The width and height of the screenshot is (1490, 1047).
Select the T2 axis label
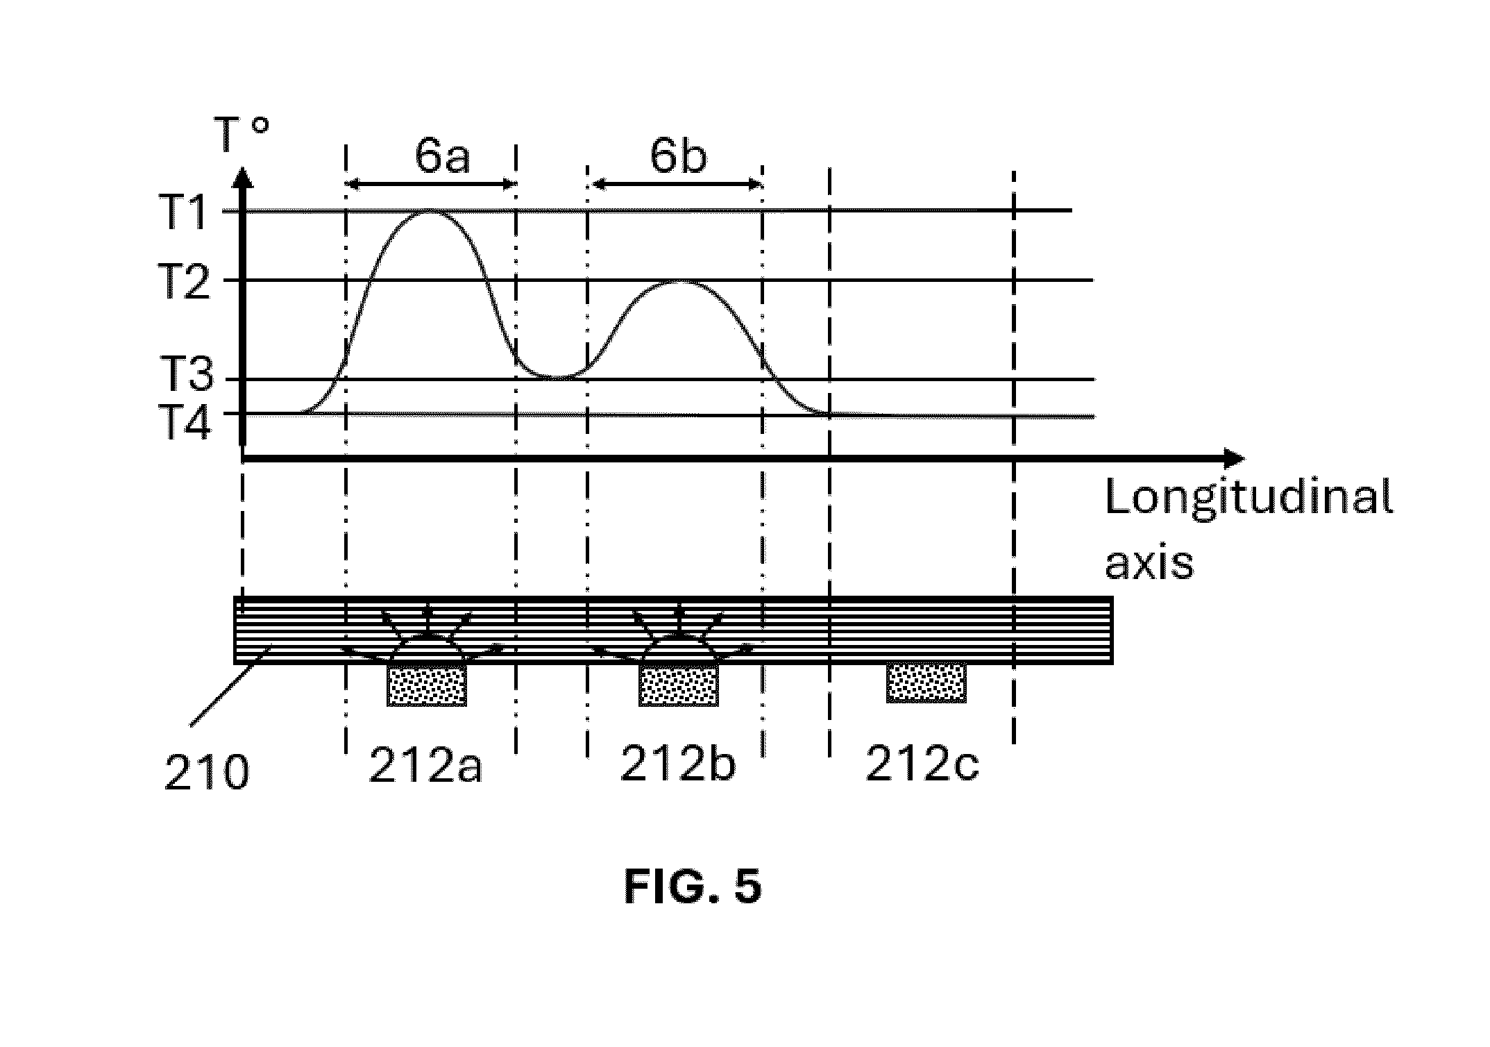click(185, 280)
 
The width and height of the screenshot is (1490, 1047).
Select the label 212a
click(425, 765)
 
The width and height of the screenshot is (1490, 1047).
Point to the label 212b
click(677, 764)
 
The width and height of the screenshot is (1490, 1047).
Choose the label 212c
click(922, 764)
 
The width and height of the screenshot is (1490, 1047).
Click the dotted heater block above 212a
click(427, 685)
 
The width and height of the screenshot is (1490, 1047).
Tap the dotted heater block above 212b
click(679, 685)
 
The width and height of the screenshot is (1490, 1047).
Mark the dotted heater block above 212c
click(926, 683)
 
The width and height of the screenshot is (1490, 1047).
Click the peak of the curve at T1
click(430, 210)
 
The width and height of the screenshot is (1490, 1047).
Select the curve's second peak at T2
click(680, 281)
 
